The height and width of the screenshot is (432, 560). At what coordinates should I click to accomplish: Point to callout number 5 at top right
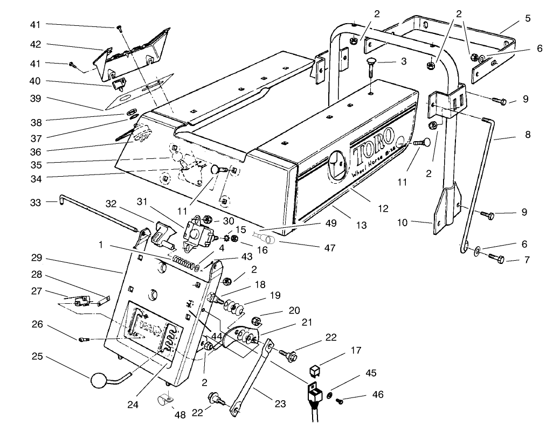527,18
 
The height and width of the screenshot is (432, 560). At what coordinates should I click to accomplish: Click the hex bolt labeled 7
496,260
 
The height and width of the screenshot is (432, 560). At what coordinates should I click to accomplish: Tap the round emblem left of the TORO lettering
337,165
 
